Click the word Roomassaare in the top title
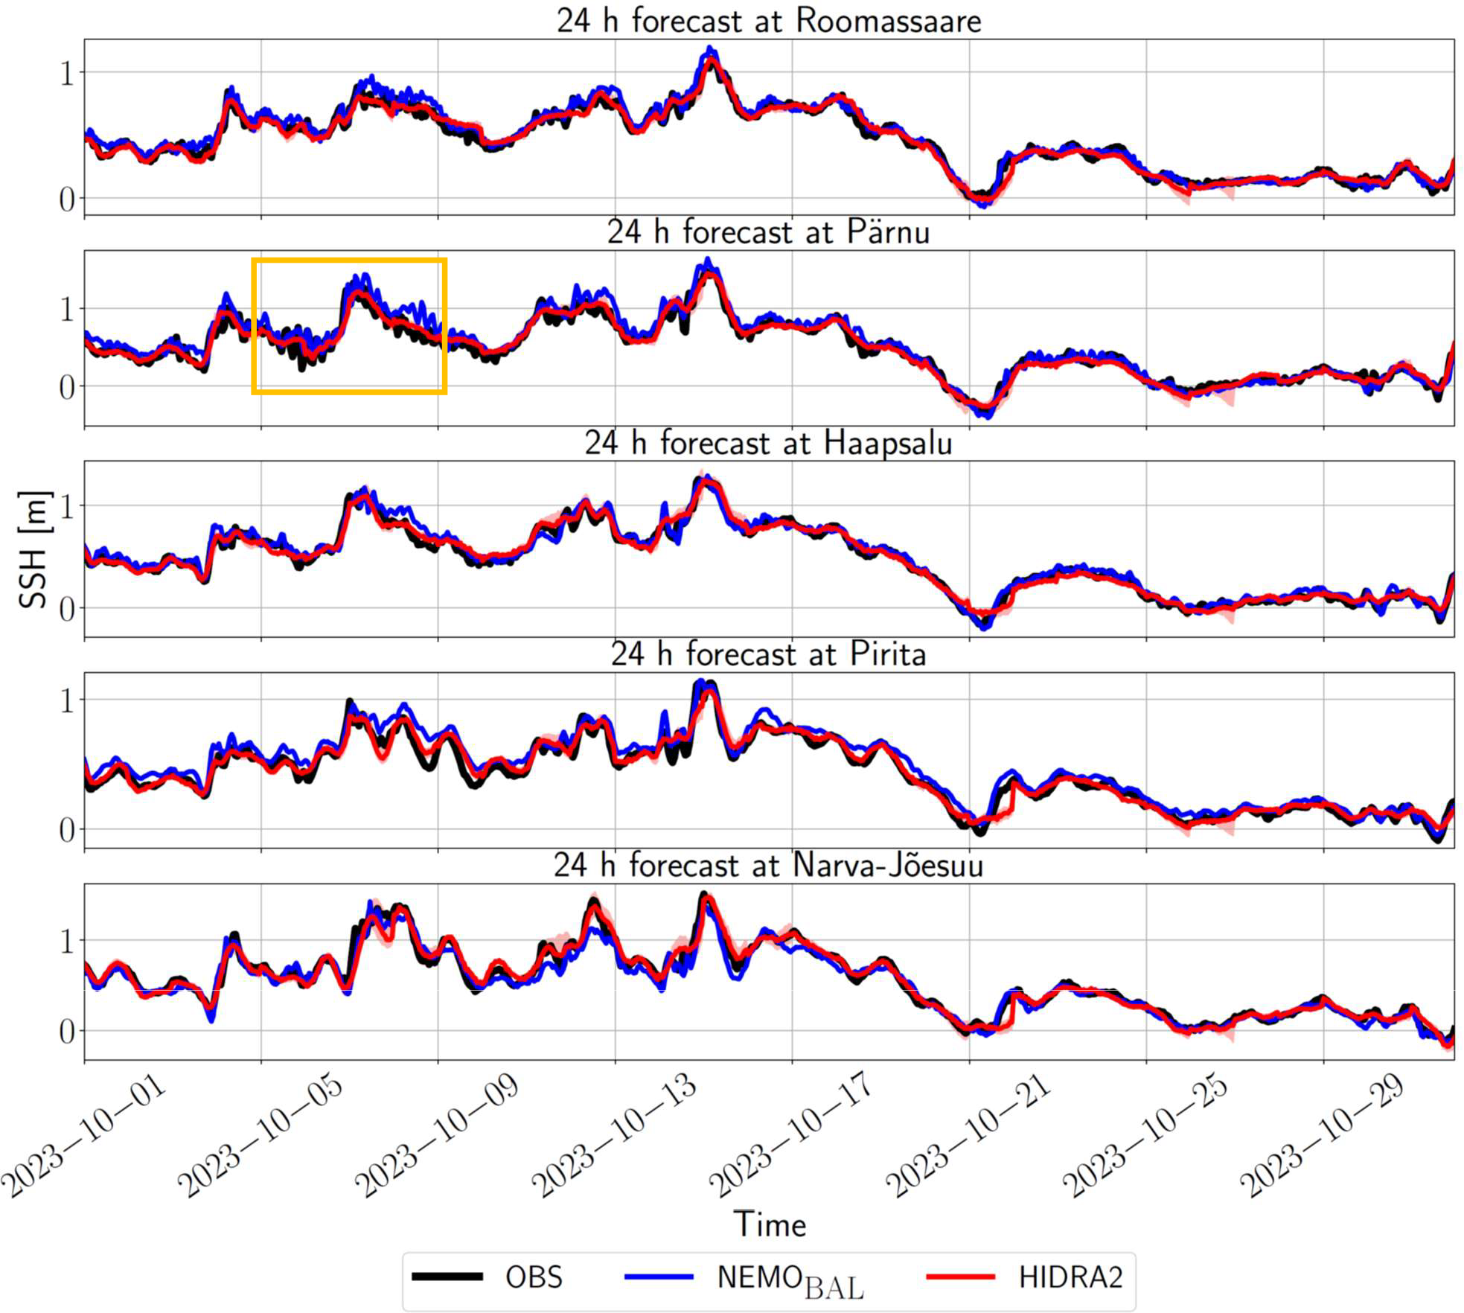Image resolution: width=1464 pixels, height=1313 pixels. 888,21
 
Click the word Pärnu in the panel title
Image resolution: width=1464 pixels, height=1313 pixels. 888,232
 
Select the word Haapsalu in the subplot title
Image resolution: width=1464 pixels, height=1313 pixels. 888,443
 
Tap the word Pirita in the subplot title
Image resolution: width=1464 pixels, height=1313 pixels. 888,654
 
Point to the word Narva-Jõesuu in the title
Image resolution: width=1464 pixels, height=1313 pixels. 888,866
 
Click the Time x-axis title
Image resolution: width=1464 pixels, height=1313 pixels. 770,1224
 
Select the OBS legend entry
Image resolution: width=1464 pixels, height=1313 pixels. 534,1277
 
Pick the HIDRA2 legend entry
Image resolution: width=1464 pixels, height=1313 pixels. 1070,1277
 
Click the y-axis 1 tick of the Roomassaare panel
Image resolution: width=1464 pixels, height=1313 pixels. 67,73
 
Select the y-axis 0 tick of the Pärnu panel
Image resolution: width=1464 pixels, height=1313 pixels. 67,387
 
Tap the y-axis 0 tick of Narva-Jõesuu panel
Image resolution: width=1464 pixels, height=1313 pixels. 67,1032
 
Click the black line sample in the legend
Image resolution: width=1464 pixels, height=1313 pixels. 448,1277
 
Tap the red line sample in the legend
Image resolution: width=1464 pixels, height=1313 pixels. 960,1277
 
